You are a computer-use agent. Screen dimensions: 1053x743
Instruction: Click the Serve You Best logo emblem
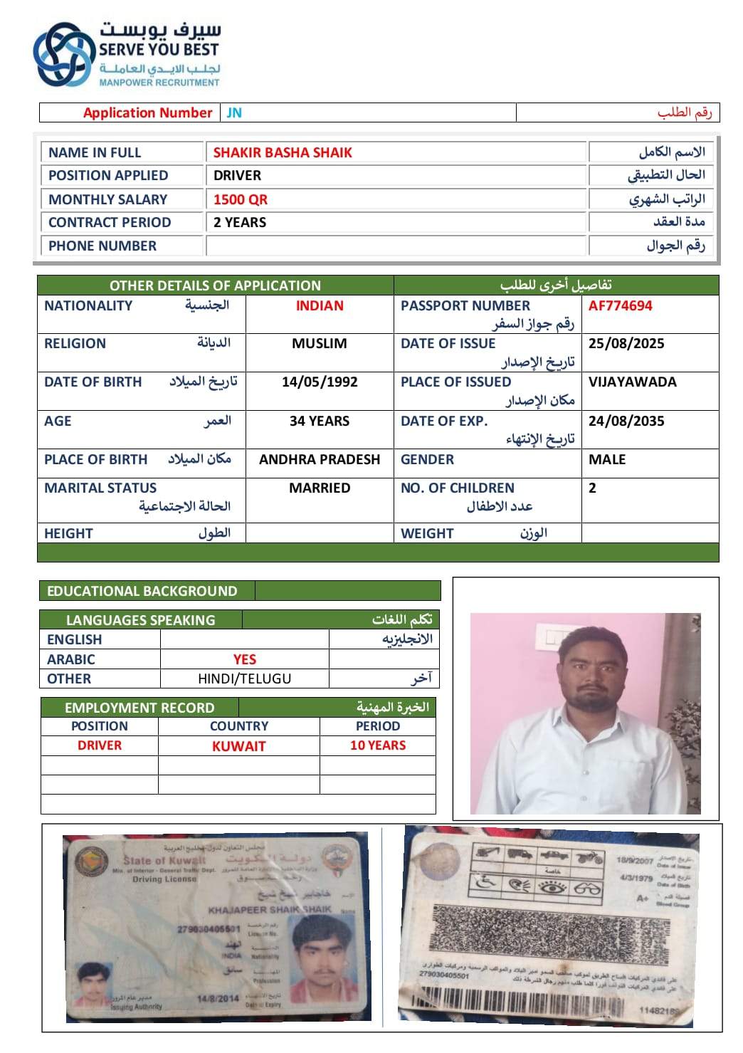click(64, 54)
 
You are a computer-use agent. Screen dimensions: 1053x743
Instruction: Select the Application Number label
click(147, 112)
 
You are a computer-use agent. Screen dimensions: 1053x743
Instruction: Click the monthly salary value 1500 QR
click(241, 199)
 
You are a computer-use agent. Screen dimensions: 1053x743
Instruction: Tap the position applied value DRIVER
click(237, 175)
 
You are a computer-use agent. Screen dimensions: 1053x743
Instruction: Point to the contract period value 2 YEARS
click(240, 222)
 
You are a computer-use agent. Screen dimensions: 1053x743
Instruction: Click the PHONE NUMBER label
click(102, 246)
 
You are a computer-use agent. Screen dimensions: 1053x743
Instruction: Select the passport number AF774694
click(620, 305)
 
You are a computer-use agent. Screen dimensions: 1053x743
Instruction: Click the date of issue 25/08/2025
click(626, 343)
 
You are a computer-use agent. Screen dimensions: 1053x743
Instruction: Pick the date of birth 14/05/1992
click(320, 382)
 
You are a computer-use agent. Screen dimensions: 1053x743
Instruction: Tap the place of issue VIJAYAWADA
click(632, 382)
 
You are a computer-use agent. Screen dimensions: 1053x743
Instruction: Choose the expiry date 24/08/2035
click(626, 421)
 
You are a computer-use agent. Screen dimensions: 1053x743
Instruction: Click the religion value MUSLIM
click(320, 343)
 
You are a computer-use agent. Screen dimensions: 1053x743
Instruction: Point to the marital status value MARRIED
click(320, 488)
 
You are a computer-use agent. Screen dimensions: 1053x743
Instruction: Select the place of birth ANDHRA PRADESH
click(320, 459)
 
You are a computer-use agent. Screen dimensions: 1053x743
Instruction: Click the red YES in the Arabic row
click(245, 659)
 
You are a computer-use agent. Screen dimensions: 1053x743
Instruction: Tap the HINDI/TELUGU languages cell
click(245, 679)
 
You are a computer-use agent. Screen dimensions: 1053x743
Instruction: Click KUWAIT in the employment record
click(239, 746)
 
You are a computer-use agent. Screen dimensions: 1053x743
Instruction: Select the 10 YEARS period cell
click(378, 745)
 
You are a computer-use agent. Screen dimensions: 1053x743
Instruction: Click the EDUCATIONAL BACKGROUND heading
click(142, 591)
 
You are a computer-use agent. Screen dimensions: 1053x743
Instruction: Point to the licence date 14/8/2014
click(218, 998)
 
